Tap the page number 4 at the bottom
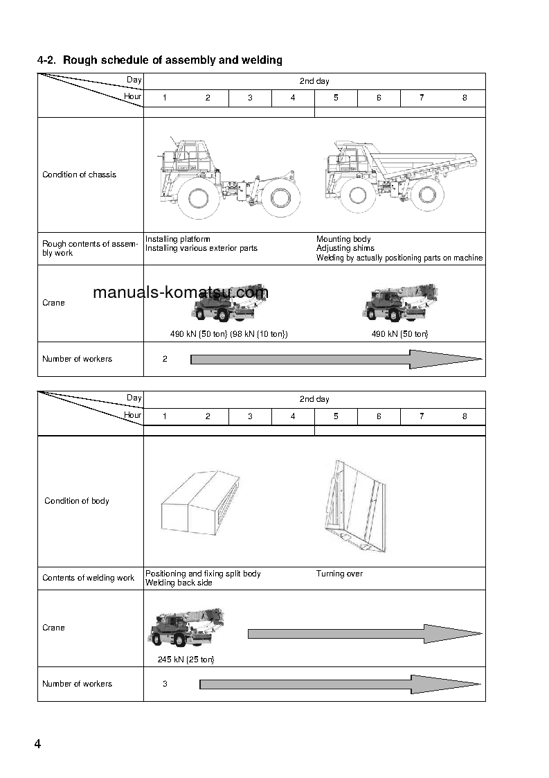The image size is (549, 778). [37, 744]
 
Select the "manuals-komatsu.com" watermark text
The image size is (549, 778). [180, 292]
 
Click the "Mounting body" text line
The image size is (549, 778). [343, 240]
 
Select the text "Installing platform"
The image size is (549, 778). [177, 240]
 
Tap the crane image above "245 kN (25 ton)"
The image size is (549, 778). [185, 628]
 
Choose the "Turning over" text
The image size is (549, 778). [339, 574]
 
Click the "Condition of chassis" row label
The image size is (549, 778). [79, 175]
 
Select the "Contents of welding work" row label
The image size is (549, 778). [88, 578]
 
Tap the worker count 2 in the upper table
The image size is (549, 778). [165, 359]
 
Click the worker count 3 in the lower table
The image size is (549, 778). [165, 684]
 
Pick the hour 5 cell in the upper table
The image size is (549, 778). [336, 98]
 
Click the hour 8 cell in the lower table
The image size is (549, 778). [465, 416]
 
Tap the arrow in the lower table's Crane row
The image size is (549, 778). [364, 633]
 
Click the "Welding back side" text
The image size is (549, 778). [179, 583]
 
